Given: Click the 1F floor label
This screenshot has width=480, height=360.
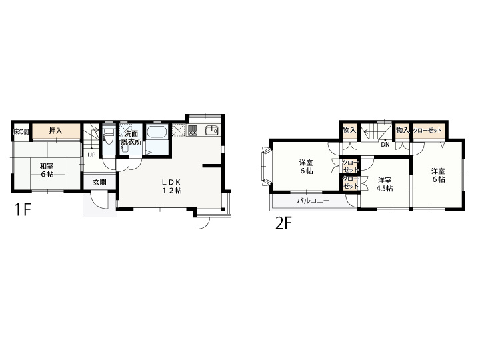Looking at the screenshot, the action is tap(23, 209).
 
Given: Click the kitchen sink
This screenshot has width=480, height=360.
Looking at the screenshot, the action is tap(211, 130).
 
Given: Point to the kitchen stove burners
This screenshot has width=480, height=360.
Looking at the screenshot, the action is tap(193, 131).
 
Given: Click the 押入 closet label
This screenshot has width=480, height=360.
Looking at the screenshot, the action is tap(55, 131).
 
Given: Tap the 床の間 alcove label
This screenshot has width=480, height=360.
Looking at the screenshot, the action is tap(21, 131).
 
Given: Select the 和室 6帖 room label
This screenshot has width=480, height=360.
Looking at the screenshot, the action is tap(47, 170).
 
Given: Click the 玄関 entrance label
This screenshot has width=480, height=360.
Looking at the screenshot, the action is tap(99, 182).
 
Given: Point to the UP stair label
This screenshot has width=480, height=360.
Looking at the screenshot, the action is tap(91, 155).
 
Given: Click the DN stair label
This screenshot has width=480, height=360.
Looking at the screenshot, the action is tap(385, 145).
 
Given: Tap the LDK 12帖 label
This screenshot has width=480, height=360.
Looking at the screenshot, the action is tap(172, 186).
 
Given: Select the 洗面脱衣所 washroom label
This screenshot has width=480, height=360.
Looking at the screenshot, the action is tap(131, 137).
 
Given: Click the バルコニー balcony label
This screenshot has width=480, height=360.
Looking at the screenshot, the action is tap(313, 201).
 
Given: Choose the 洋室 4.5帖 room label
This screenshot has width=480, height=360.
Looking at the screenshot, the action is tap(385, 184).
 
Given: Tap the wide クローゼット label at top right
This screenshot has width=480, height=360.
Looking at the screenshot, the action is tap(427, 131).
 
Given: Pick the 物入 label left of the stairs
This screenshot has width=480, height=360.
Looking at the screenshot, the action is tap(349, 130).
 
